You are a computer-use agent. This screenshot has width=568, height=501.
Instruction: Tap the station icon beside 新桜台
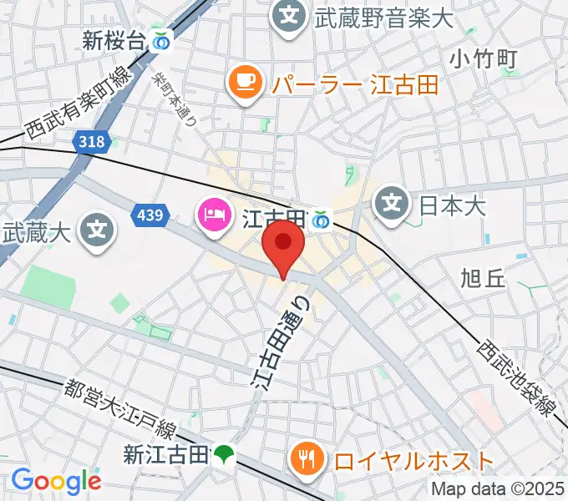click(162, 39)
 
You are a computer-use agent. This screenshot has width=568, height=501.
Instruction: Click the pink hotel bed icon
click(213, 216)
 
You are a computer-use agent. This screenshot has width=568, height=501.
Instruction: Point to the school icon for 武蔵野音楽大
click(288, 16)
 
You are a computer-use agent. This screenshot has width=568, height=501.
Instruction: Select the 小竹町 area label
click(483, 58)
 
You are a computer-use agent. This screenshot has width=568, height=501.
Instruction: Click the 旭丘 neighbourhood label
click(483, 279)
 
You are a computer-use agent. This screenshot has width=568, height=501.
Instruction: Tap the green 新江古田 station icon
click(223, 454)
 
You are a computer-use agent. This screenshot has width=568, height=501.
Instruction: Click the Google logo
click(56, 480)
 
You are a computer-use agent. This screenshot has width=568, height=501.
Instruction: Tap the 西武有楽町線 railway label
click(79, 103)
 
